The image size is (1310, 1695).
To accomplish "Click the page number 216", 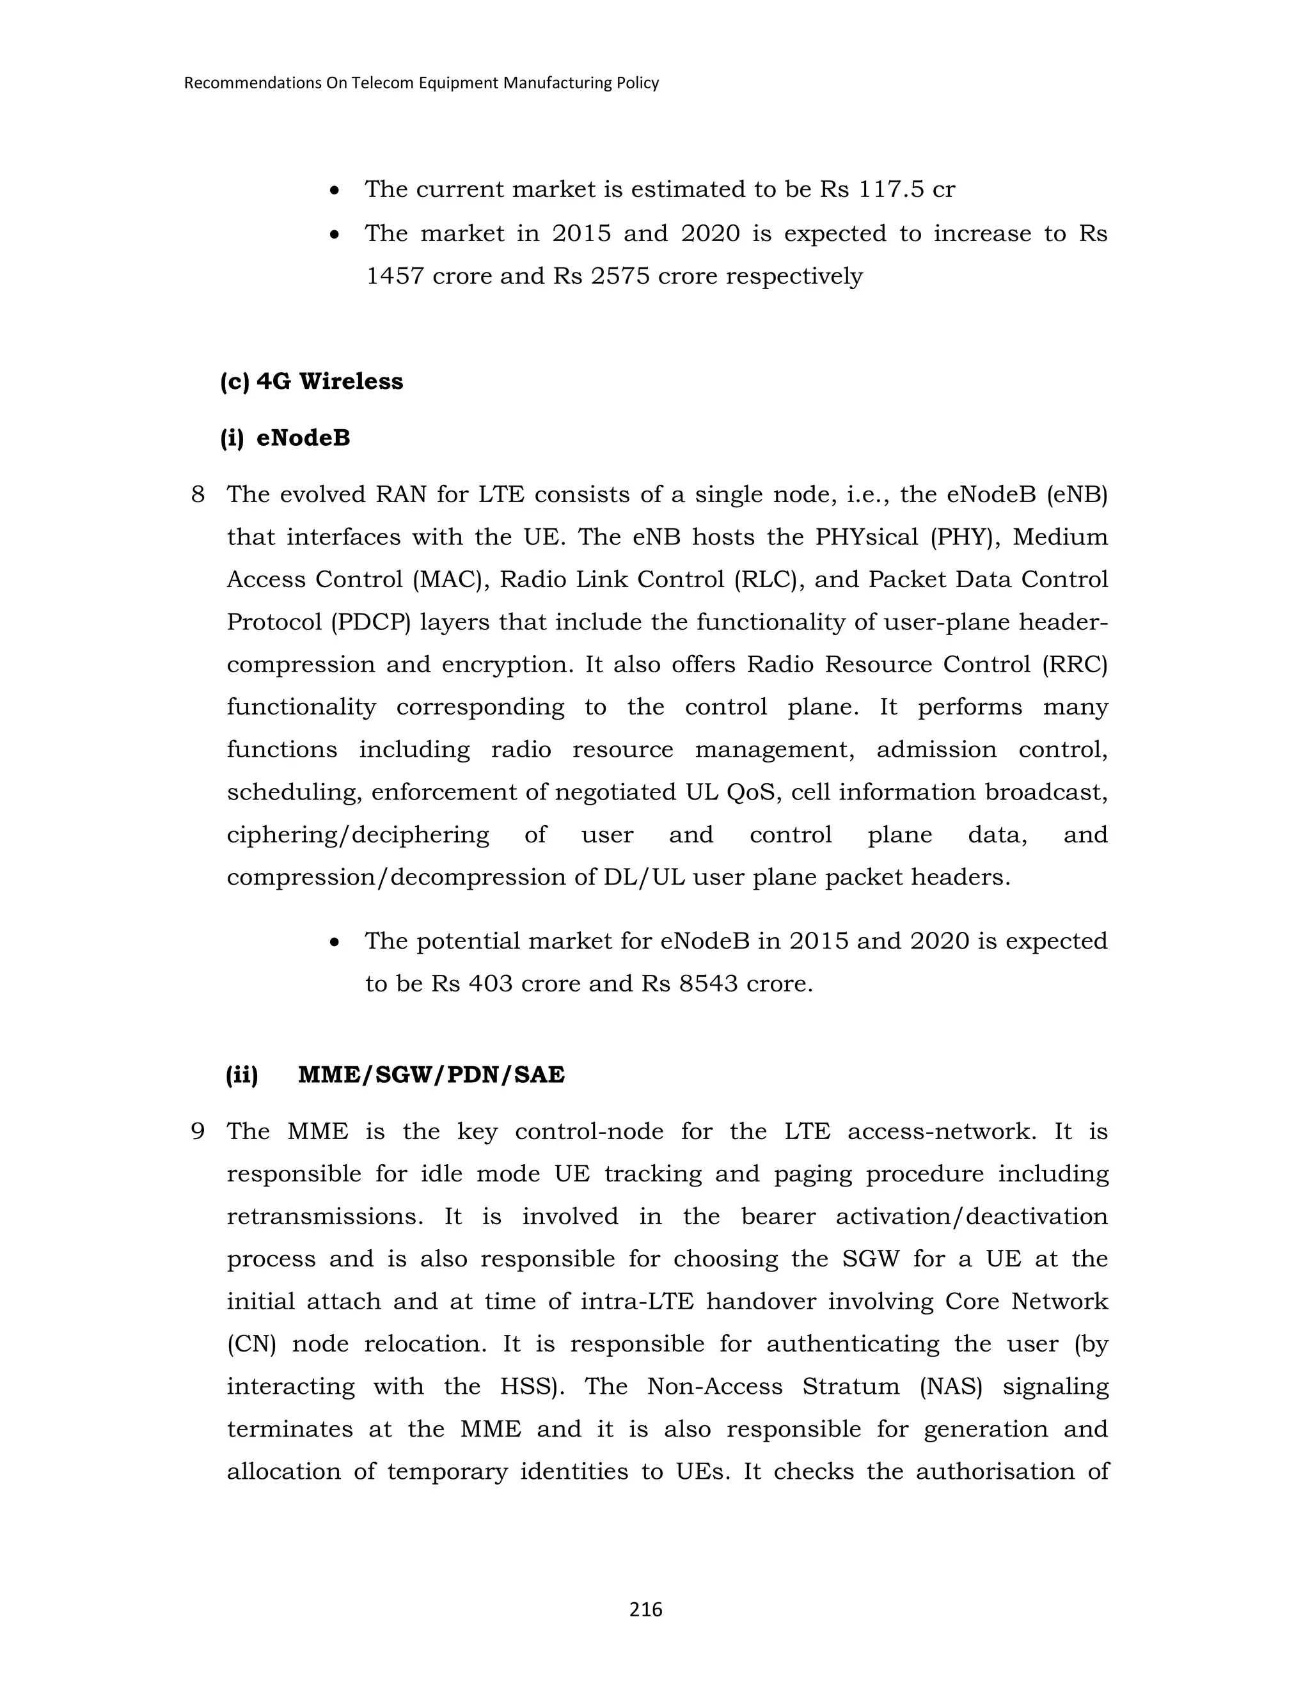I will [645, 1611].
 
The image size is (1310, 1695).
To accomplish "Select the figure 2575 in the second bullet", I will [619, 276].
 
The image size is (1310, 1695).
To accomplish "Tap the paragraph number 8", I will [198, 494].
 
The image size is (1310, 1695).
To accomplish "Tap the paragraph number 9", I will [198, 1131].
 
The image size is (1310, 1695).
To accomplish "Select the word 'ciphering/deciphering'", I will [358, 835].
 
